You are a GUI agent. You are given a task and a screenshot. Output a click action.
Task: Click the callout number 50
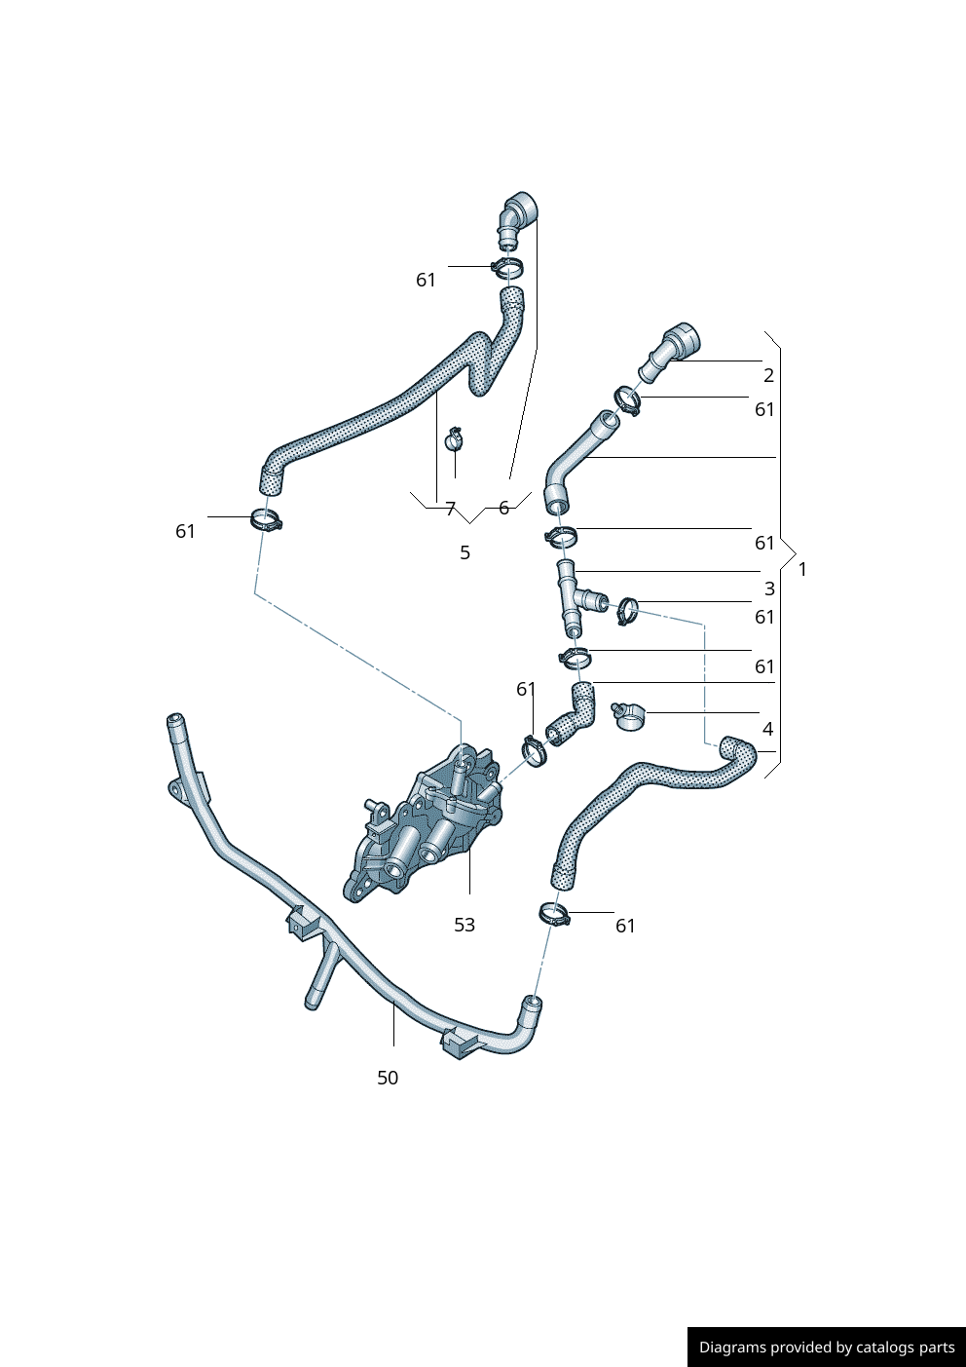[388, 1078]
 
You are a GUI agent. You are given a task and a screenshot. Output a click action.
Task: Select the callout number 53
[464, 925]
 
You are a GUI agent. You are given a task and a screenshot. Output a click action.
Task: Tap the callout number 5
[464, 552]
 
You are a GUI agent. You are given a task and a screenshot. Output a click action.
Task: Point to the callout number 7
[450, 509]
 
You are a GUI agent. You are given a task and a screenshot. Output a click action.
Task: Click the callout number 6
[503, 508]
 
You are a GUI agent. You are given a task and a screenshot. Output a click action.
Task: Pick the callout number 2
[768, 375]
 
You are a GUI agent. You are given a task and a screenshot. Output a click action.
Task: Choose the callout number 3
[769, 589]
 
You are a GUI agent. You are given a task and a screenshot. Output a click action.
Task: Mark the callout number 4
[767, 729]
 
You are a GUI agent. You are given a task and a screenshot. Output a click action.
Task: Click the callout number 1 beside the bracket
[802, 569]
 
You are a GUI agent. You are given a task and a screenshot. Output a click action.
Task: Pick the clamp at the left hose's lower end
[266, 520]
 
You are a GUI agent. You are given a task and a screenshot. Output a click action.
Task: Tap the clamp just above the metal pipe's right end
[553, 914]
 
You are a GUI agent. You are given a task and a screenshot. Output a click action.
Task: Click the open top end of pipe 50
[174, 721]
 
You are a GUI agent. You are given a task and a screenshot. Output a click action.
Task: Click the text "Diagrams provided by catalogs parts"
[826, 1348]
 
